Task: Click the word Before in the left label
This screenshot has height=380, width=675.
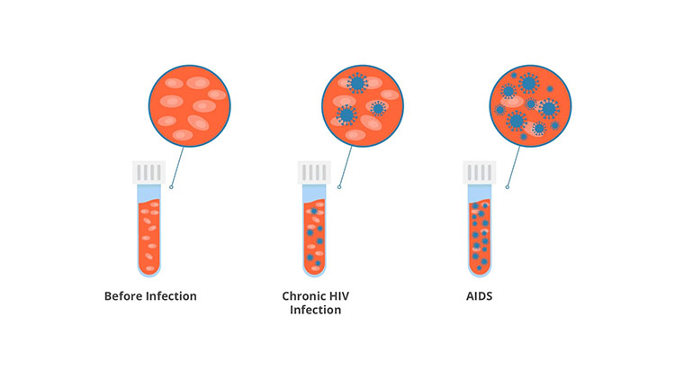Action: (123, 296)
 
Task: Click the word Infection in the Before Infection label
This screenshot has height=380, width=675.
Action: (171, 296)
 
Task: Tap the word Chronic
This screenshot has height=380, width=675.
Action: (301, 296)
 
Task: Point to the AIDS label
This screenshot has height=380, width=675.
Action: (479, 296)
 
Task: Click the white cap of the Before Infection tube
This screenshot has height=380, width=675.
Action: (148, 172)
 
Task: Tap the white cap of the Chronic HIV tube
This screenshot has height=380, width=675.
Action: (314, 172)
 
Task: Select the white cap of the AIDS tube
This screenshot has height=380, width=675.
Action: (480, 172)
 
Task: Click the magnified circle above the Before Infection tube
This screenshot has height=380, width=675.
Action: (189, 106)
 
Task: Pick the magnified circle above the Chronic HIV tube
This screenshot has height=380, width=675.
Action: (363, 106)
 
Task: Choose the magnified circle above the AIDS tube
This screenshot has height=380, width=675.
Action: (530, 106)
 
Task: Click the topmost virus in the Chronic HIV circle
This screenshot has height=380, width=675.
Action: (357, 83)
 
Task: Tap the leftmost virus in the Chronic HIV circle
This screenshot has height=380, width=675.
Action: (346, 115)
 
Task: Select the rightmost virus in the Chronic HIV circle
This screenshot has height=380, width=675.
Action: (378, 109)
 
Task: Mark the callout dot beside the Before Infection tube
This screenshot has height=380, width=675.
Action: (171, 187)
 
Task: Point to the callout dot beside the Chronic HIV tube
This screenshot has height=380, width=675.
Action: (339, 187)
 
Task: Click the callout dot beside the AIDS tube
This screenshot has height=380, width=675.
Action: (507, 187)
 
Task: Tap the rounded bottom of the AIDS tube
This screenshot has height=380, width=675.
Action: (480, 270)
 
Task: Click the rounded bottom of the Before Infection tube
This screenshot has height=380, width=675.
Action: (148, 270)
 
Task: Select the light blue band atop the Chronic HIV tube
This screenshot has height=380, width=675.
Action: (314, 193)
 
